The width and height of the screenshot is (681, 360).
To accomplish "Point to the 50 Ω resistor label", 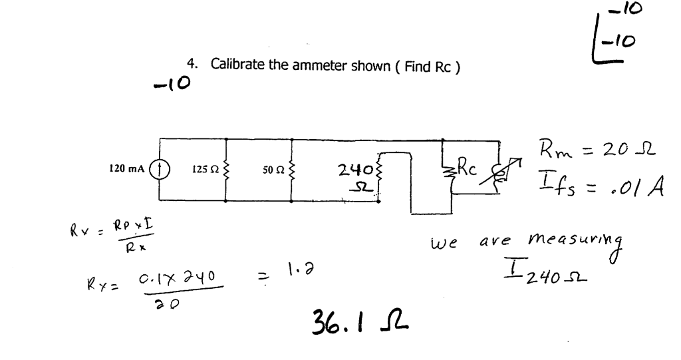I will pos(273,171).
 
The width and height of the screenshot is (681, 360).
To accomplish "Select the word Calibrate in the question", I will pos(237,65).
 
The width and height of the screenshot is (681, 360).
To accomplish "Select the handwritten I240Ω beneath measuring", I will pos(547,274).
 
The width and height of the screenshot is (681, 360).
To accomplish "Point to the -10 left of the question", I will pos(172,83).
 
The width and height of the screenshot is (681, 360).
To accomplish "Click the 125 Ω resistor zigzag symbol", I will pos(228,171).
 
